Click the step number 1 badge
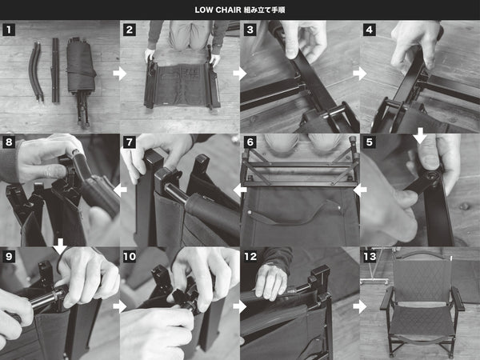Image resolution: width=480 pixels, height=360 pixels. pos(9,30)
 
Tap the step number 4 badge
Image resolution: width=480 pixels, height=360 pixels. pos(370,30)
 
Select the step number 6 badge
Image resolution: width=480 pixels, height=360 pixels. pos(250,142)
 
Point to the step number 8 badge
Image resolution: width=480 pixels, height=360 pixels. pos(9,142)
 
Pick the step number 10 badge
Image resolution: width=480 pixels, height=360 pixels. pos(130,256)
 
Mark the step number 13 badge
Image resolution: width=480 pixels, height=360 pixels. pos(370,256)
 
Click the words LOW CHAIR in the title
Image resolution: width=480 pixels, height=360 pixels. pos(218,10)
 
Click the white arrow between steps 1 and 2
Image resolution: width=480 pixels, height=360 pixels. pos(119,74)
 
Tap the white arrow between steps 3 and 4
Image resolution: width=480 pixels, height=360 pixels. pos(360,74)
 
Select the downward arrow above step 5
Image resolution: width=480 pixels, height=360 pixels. pos(420,136)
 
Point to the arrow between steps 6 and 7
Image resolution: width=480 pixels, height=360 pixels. pos(240,190)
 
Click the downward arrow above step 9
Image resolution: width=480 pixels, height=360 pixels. pos(60,246)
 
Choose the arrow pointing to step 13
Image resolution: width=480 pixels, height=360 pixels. pos(360,306)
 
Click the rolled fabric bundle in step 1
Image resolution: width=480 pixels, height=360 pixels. pos(81,66)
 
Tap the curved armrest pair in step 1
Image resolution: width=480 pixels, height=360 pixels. pos(37,72)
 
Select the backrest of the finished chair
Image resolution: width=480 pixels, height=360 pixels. pos(422,278)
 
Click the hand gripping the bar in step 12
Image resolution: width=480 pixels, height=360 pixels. pos(271,282)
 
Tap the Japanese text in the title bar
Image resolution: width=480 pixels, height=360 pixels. pos(265,10)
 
